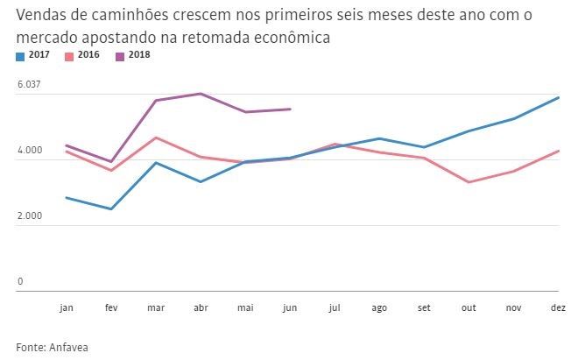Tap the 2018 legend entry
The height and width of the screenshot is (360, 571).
click(137, 56)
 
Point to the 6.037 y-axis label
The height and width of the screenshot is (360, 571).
click(30, 84)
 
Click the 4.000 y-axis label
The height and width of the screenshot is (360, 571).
click(30, 151)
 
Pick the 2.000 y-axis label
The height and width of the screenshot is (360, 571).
click(30, 215)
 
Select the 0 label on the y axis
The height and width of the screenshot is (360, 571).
click(19, 281)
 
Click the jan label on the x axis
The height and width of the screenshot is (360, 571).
click(67, 308)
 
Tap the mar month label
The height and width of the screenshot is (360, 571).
click(155, 308)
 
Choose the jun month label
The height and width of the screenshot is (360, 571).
click(289, 308)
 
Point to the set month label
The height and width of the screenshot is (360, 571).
click(424, 308)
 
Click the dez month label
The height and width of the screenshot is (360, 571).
click(558, 308)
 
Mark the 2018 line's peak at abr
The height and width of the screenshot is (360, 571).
click(200, 94)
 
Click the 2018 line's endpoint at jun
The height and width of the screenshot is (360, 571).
click(290, 109)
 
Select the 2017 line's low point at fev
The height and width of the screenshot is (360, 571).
click(110, 209)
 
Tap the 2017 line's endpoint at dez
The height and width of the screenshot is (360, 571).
click(559, 97)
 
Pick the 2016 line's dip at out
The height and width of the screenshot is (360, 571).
click(469, 182)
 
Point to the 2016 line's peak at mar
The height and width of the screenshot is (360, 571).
click(155, 138)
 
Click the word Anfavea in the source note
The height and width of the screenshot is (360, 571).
click(70, 346)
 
